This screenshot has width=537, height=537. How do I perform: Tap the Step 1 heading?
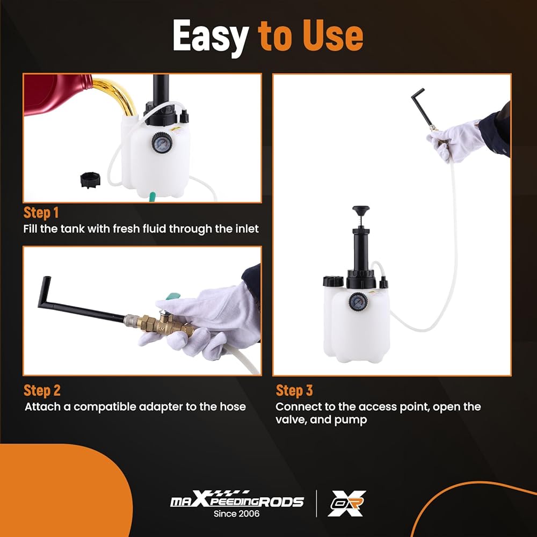click(41, 213)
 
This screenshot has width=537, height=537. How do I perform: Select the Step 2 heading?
click(42, 390)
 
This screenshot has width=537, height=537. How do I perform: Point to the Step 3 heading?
click(294, 390)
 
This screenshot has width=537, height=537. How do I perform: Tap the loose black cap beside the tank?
click(90, 180)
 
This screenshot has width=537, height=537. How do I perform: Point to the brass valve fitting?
click(161, 323)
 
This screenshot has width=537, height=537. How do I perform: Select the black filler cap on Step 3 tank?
click(333, 281)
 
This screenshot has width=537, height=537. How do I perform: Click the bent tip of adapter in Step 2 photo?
click(45, 291)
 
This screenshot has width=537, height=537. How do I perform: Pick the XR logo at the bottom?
click(346, 503)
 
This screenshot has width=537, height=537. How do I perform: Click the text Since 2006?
click(236, 513)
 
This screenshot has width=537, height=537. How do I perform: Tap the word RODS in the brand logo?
click(280, 502)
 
